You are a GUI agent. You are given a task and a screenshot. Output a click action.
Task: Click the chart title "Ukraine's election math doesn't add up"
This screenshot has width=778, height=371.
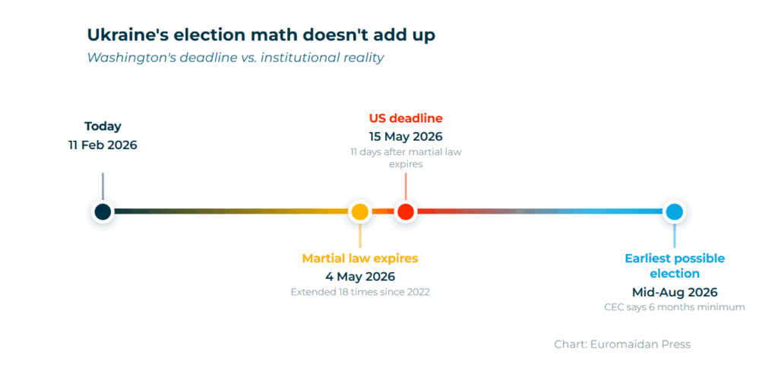(261, 35)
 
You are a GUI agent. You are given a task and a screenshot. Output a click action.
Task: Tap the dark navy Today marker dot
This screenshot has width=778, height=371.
(103, 211)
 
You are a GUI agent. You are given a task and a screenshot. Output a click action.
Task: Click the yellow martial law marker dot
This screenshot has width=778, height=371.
(359, 211)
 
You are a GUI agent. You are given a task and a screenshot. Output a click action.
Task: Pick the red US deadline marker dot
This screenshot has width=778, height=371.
(406, 211)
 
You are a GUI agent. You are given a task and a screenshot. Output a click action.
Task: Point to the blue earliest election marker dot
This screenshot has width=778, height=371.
(673, 211)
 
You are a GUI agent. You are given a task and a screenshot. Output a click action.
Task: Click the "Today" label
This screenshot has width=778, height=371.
(103, 127)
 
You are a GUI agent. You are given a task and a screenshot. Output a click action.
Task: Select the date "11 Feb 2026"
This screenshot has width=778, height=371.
(103, 144)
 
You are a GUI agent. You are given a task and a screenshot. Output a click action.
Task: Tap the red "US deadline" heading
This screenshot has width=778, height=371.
(406, 119)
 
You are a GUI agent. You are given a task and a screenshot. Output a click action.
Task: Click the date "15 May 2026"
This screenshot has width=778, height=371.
(406, 137)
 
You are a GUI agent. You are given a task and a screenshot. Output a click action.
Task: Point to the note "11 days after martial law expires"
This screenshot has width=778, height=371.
(406, 157)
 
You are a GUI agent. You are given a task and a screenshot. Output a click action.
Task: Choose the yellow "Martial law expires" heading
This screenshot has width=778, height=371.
(359, 258)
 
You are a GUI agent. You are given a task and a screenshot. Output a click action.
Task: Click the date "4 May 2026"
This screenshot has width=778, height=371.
(359, 277)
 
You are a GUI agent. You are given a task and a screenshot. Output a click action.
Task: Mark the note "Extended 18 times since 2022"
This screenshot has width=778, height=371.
(359, 292)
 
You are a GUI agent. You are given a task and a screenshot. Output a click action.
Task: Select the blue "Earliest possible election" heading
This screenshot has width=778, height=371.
(674, 265)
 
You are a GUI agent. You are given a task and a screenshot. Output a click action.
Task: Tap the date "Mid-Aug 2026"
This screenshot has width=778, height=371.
(674, 292)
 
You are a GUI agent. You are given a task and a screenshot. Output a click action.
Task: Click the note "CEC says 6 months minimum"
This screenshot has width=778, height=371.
(674, 307)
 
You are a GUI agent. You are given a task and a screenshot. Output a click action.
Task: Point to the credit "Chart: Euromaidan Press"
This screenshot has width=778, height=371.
(621, 344)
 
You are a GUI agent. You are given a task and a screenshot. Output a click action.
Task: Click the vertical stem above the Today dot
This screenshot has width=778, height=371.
(103, 186)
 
